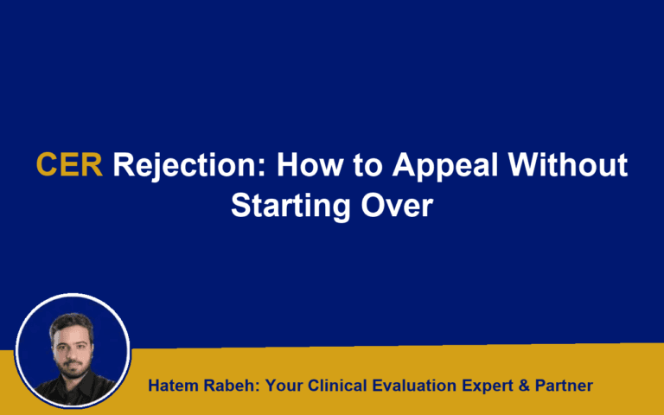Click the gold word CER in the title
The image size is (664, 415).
tap(69, 165)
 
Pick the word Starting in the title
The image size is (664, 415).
tap(284, 208)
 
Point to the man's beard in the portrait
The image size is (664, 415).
tap(72, 356)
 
